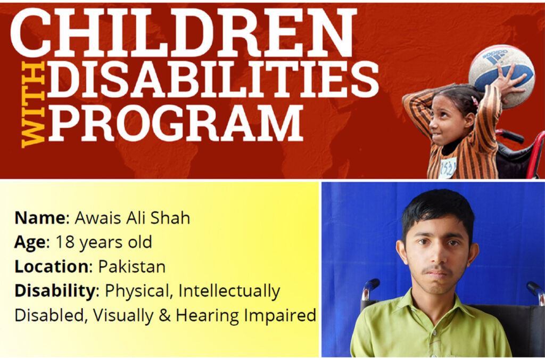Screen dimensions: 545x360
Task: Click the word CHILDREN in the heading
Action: pos(184,32)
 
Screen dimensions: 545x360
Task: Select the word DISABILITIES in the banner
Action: pos(213,80)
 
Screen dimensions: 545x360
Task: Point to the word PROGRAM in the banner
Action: pos(176,123)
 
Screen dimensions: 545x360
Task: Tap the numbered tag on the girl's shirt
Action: pos(448,168)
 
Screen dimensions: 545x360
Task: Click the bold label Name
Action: pos(39,218)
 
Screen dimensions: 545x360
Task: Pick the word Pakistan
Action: pos(132,266)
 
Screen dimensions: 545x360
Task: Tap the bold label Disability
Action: pos(55,291)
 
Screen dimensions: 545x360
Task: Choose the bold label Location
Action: pos(52,266)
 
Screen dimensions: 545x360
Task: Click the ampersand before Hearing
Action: pos(165,315)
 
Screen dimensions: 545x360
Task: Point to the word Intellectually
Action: pos(229,291)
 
